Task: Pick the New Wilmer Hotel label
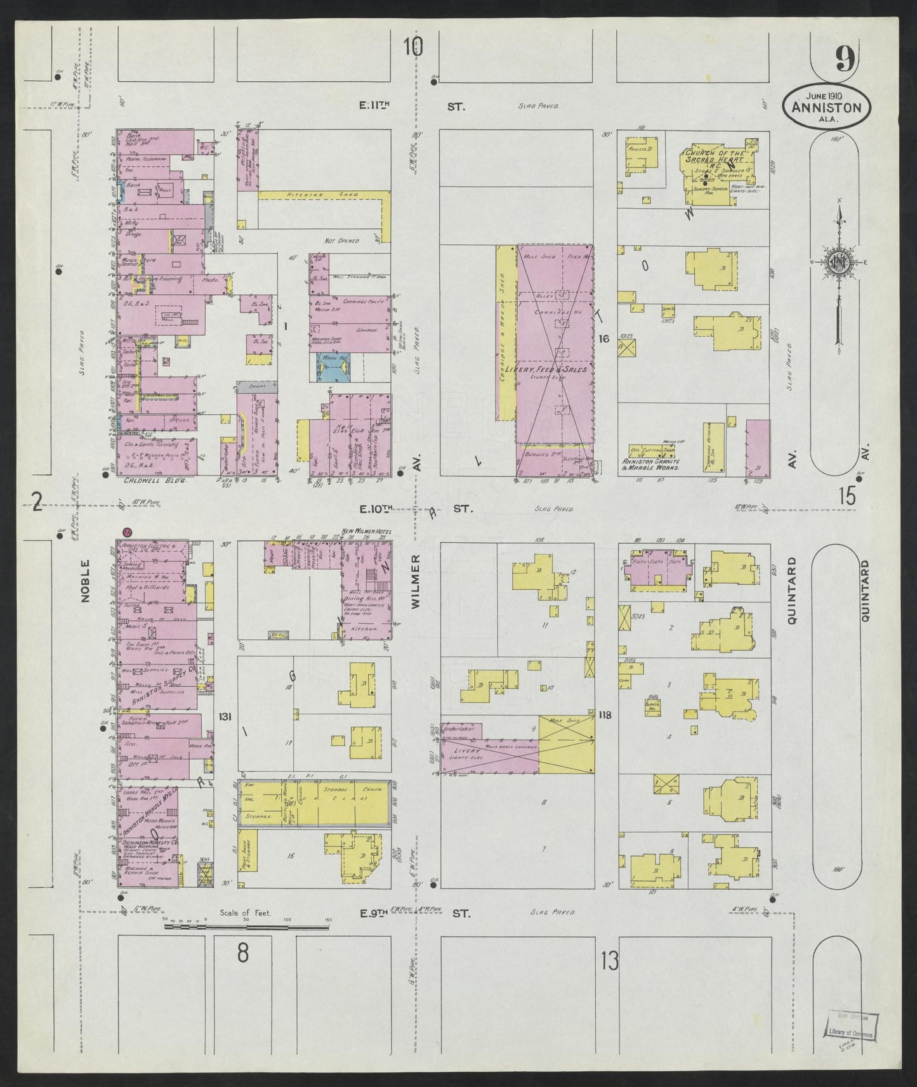pyautogui.click(x=367, y=530)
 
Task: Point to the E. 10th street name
pyautogui.click(x=377, y=508)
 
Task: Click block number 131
pyautogui.click(x=224, y=717)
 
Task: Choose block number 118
pyautogui.click(x=605, y=715)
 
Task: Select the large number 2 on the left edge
pyautogui.click(x=37, y=504)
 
